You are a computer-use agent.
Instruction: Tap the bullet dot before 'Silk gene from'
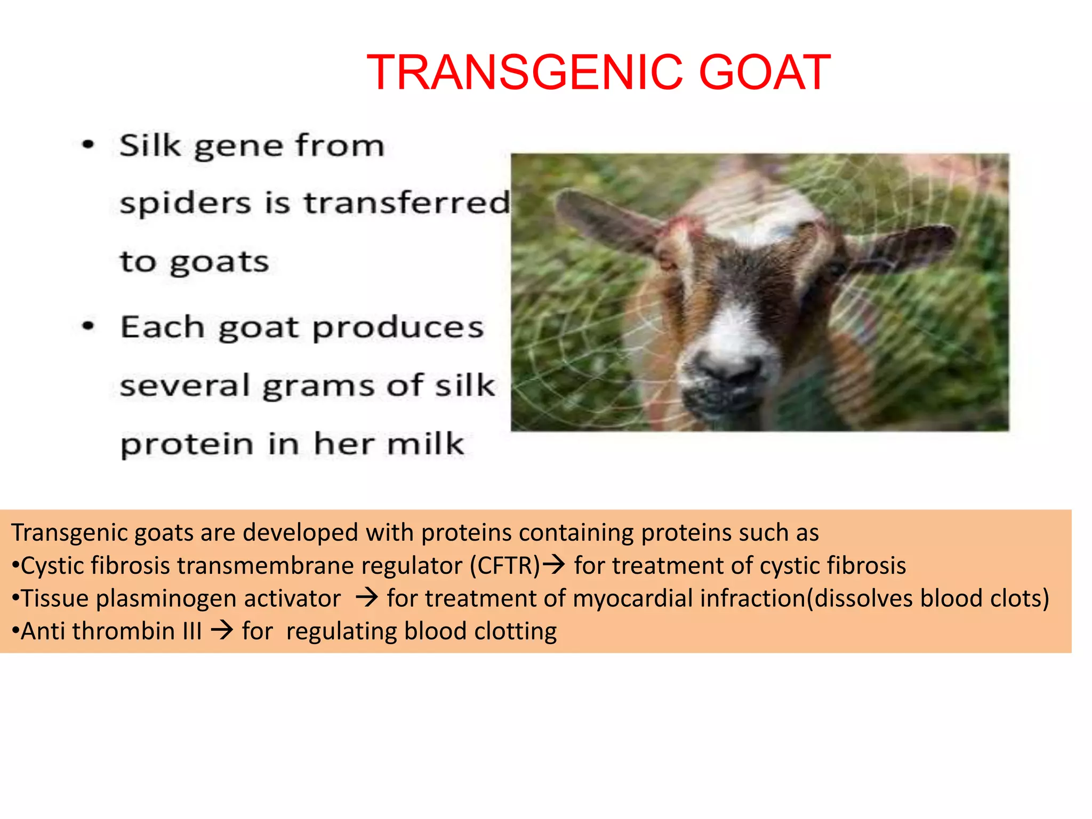(88, 144)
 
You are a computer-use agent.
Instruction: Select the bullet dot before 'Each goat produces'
(88, 325)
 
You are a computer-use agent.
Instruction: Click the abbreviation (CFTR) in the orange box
(505, 566)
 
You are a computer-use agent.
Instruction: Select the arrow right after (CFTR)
(553, 564)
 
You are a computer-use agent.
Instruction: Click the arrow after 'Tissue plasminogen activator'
(366, 597)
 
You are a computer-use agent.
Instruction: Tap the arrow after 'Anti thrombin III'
(222, 630)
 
